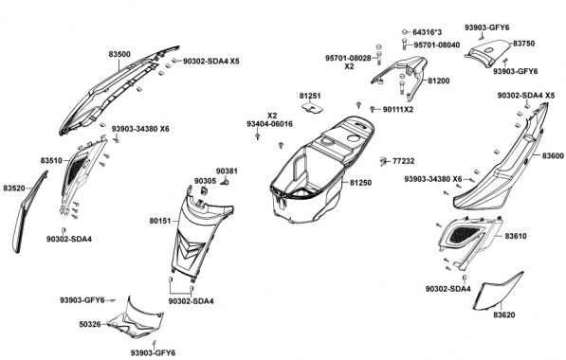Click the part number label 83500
(x=119, y=54)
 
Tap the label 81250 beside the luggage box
(x=360, y=183)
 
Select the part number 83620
(x=504, y=315)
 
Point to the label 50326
(x=90, y=324)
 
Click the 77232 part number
(x=404, y=161)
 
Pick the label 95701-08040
(x=437, y=45)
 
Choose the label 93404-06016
(x=269, y=124)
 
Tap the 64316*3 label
(x=427, y=32)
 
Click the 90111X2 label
(x=398, y=109)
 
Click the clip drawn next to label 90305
(x=204, y=189)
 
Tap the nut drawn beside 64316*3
(x=405, y=32)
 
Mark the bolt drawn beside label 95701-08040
(x=405, y=45)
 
